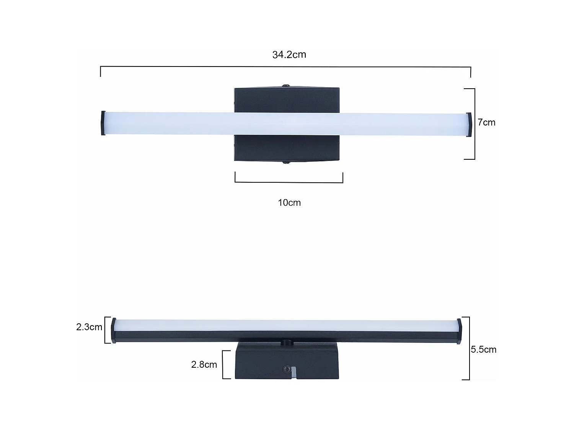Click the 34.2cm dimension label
pyautogui.click(x=289, y=55)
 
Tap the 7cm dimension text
pyautogui.click(x=486, y=122)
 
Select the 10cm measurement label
pyautogui.click(x=289, y=203)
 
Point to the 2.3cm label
pyautogui.click(x=89, y=327)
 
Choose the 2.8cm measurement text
pyautogui.click(x=204, y=365)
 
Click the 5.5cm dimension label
pyautogui.click(x=483, y=349)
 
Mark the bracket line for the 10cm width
pyautogui.click(x=289, y=182)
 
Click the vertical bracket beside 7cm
pyautogui.click(x=474, y=123)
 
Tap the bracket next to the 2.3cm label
pyautogui.click(x=106, y=330)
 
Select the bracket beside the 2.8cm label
pyautogui.click(x=223, y=365)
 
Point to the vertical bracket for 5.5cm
pyautogui.click(x=469, y=348)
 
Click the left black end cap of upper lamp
pyautogui.click(x=103, y=123)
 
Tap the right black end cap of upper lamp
pyautogui.click(x=469, y=124)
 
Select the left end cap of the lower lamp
pyautogui.click(x=114, y=331)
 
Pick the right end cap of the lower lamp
pyautogui.click(x=459, y=331)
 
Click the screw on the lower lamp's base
pyautogui.click(x=286, y=369)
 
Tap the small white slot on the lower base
pyautogui.click(x=294, y=372)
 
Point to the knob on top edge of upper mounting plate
pyautogui.click(x=286, y=86)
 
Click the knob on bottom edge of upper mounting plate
pyautogui.click(x=286, y=162)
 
